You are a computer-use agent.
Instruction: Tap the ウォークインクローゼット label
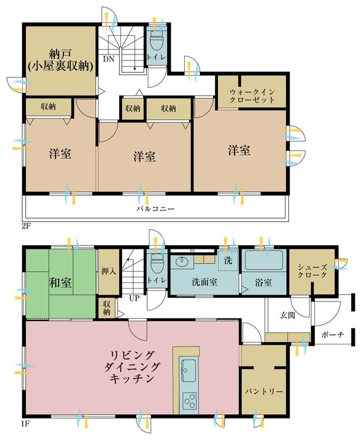(252, 96)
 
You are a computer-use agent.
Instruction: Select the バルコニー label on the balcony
(156, 208)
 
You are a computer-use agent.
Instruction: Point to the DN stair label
(109, 59)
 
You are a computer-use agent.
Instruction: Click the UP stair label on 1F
(134, 298)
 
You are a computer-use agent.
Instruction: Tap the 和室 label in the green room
(60, 282)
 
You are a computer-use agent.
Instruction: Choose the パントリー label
(263, 391)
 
